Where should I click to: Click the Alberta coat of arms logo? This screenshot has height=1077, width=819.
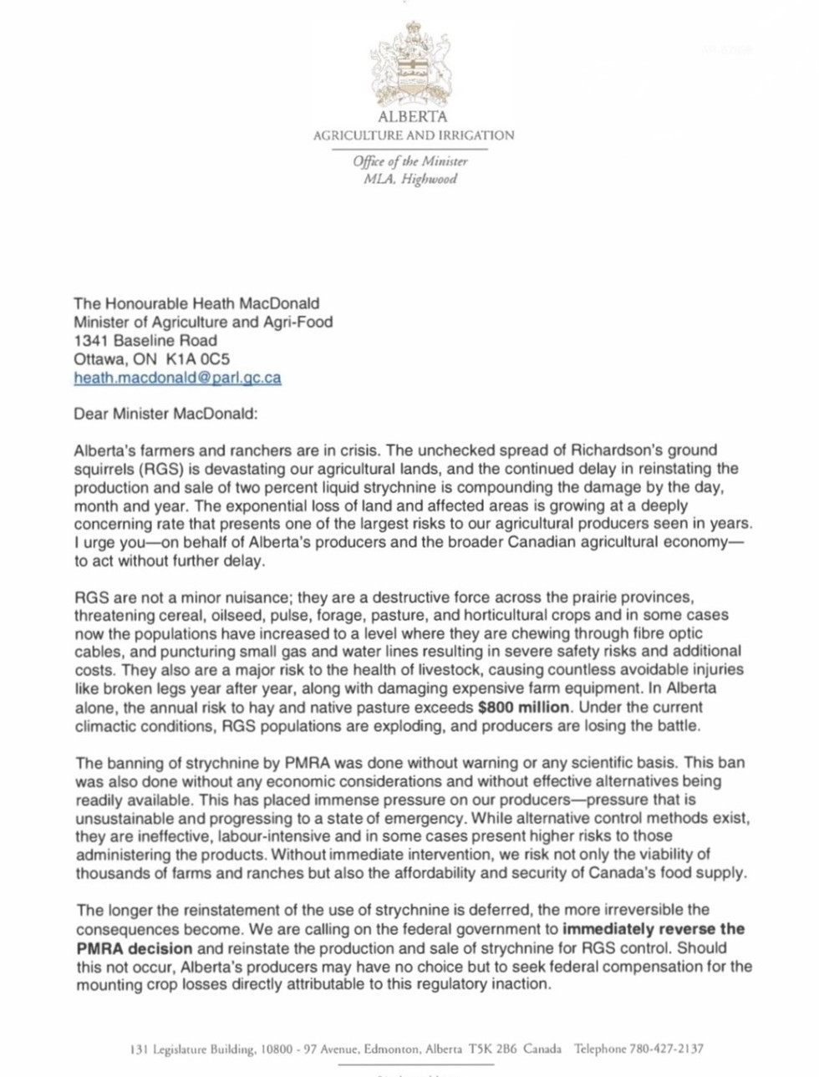(x=412, y=64)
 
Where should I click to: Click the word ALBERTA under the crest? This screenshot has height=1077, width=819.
(x=413, y=117)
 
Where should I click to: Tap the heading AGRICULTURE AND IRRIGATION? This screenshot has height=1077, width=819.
(x=414, y=135)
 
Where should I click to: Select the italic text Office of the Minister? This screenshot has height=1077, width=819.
(x=410, y=161)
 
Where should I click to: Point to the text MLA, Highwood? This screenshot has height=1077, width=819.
(x=410, y=179)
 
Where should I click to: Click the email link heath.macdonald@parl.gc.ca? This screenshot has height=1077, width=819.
(x=177, y=378)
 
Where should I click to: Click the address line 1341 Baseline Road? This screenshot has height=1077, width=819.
(x=145, y=341)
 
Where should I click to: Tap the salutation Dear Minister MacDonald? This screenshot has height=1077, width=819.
(x=166, y=414)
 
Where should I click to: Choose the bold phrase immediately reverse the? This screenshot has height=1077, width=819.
(x=654, y=928)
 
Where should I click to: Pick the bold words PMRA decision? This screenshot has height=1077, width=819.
(x=135, y=947)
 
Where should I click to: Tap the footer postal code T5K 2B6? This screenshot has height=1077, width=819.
(x=493, y=1049)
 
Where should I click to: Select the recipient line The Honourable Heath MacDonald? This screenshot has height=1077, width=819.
(x=196, y=304)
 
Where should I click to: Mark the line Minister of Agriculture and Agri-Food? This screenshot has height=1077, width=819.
(x=203, y=323)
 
